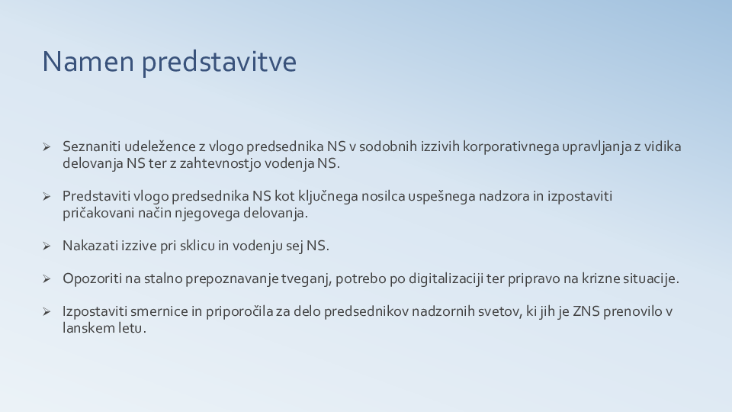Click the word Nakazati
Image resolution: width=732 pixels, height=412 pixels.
[89, 246]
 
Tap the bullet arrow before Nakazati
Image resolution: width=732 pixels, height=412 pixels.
[47, 246]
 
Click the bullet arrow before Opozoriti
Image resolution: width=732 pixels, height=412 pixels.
[47, 278]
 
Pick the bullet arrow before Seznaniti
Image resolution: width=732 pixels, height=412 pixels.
[47, 146]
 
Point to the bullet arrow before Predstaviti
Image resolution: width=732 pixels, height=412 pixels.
[47, 196]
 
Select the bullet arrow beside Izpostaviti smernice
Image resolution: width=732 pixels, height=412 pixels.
[47, 311]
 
